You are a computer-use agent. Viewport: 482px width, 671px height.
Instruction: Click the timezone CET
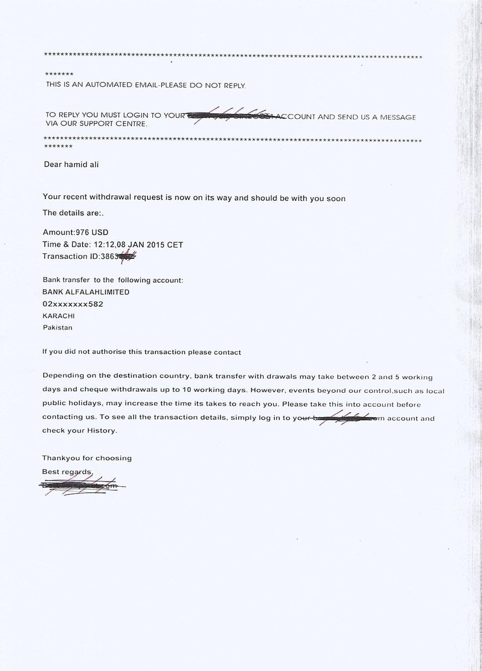click(x=175, y=245)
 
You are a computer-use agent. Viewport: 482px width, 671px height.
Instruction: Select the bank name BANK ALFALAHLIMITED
click(x=86, y=292)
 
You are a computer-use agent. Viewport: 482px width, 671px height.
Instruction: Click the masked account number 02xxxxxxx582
click(x=73, y=304)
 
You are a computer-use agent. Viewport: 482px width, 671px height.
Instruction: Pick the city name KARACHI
click(x=59, y=316)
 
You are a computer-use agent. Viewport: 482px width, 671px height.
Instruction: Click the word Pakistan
click(x=58, y=327)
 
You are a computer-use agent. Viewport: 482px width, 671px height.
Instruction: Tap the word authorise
click(x=102, y=352)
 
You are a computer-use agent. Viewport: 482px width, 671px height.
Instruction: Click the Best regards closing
click(x=67, y=472)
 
